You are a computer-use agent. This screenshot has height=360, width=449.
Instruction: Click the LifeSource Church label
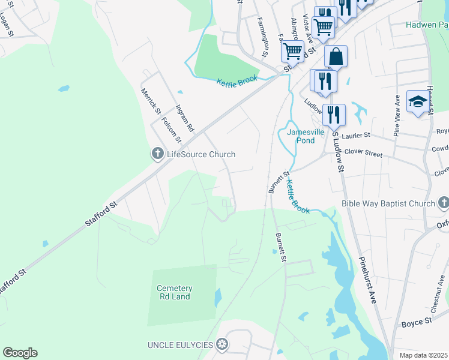(200, 154)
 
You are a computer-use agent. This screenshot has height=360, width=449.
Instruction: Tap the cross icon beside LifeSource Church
(157, 154)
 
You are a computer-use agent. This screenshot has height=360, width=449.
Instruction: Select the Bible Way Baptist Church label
(388, 203)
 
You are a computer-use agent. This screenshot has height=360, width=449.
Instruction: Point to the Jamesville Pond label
(301, 136)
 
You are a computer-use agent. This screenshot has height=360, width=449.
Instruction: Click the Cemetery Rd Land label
(174, 292)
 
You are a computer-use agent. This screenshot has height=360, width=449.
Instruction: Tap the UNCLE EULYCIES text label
(180, 344)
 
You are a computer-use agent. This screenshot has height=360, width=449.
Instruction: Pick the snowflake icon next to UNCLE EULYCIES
(222, 344)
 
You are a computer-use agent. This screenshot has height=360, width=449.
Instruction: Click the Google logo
(20, 353)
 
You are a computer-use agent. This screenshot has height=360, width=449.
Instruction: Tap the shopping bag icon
(336, 56)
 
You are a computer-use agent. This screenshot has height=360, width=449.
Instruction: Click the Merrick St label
(151, 102)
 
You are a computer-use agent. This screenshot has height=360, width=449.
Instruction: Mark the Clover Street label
(366, 154)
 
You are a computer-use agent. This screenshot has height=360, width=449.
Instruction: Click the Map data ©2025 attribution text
(424, 355)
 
